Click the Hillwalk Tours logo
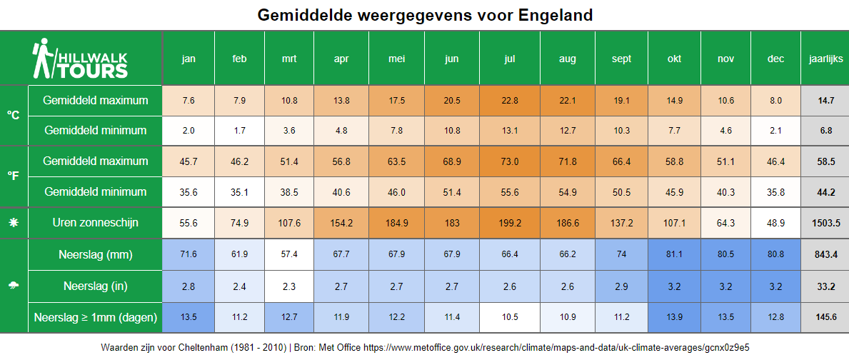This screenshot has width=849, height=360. click(x=81, y=59)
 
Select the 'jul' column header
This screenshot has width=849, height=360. click(x=509, y=59)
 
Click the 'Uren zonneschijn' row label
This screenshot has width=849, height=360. click(x=95, y=223)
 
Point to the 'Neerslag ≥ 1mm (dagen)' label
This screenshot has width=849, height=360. click(x=95, y=316)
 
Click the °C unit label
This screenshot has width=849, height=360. click(x=14, y=115)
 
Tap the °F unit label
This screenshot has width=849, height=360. click(x=14, y=176)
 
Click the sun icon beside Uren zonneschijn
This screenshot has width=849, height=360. click(x=14, y=223)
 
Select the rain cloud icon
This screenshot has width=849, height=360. click(x=14, y=286)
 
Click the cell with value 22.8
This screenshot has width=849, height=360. click(x=509, y=101)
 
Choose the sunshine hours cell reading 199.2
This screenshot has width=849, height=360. click(x=509, y=223)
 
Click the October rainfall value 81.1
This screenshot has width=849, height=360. click(x=674, y=254)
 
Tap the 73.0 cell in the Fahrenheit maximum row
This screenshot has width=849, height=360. click(x=509, y=162)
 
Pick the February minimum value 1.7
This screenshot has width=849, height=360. click(x=240, y=131)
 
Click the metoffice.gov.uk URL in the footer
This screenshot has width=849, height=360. click(x=556, y=347)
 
